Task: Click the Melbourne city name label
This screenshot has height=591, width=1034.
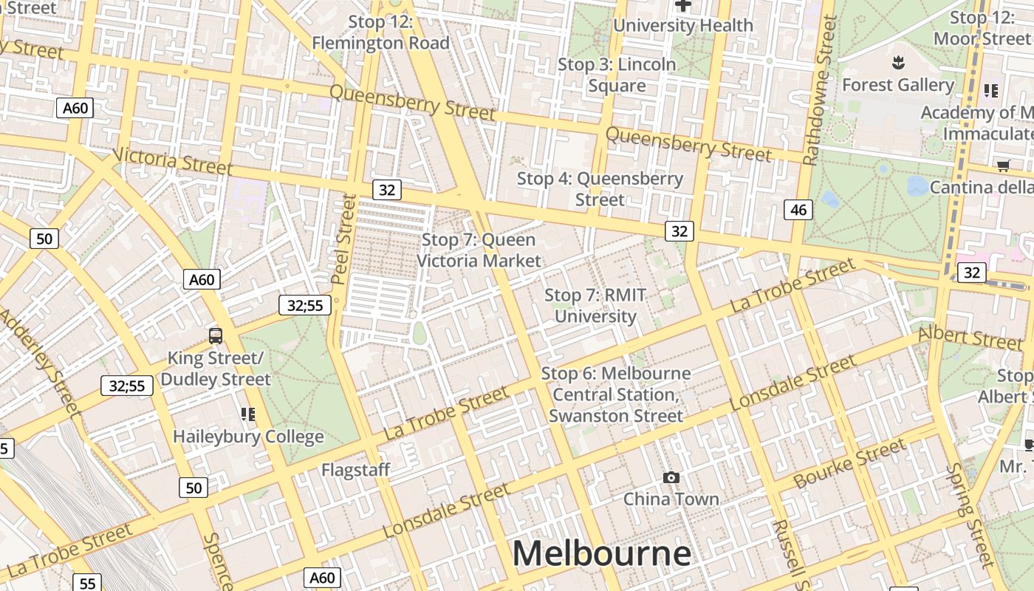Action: tap(601, 553)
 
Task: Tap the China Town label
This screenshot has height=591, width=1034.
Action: tap(671, 499)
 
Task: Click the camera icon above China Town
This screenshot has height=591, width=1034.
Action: tap(671, 478)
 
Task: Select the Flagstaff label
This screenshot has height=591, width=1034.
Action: tap(355, 470)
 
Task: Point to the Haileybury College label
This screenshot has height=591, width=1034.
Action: tap(248, 437)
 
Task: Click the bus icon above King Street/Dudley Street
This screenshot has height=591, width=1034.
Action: tap(216, 336)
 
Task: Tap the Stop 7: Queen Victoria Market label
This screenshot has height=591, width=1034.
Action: tap(479, 250)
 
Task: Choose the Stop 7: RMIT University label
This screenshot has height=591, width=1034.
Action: tap(595, 306)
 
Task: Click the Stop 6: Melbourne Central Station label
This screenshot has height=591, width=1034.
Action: tap(616, 394)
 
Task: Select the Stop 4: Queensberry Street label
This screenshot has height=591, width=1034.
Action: tap(600, 189)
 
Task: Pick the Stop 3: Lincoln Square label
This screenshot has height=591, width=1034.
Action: tap(617, 75)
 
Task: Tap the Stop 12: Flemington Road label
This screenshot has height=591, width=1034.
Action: tap(380, 33)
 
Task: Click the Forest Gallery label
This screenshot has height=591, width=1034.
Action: tap(898, 85)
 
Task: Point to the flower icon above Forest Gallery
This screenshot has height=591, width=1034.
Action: tap(898, 62)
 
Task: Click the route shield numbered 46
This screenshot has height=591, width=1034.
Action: tap(798, 210)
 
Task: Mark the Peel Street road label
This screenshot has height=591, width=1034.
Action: tap(343, 240)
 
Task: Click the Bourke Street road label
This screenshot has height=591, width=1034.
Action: tap(849, 464)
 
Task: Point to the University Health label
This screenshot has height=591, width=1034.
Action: tap(683, 26)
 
